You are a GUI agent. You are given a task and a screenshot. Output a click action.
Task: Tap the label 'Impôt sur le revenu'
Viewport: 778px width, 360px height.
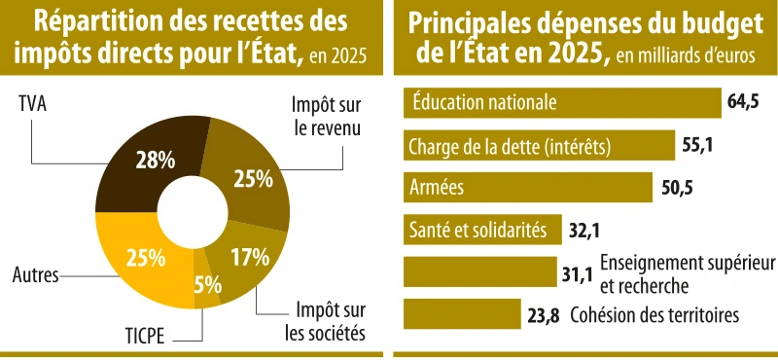tap(325, 116)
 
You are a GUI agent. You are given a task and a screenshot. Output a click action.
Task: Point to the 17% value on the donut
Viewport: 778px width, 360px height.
tap(250, 258)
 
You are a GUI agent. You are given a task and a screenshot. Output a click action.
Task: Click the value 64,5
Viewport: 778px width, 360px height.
tap(742, 102)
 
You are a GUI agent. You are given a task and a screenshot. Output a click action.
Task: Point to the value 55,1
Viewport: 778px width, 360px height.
tap(698, 146)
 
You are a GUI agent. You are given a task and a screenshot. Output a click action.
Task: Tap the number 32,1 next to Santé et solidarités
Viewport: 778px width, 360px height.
tap(584, 231)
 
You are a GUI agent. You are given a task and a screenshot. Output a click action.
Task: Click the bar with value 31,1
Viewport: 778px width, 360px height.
tap(477, 272)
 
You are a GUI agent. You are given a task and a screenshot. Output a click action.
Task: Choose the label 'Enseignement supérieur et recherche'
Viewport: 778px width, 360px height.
tap(687, 273)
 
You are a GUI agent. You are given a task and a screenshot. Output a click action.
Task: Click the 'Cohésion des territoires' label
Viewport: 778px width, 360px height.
tap(655, 314)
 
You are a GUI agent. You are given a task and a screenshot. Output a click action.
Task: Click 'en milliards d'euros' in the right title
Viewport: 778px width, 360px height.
tap(686, 55)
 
